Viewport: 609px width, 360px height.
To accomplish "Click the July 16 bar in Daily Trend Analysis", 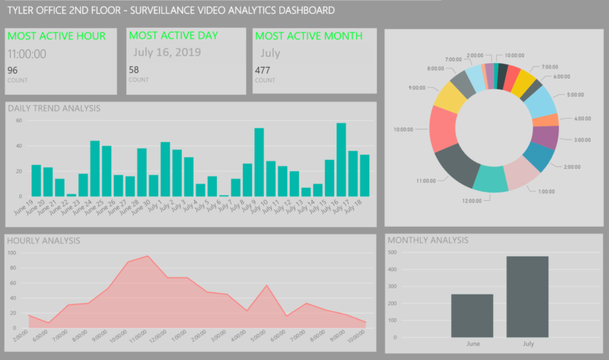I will coord(341,160).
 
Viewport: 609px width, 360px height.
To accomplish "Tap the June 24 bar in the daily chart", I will coord(95,168).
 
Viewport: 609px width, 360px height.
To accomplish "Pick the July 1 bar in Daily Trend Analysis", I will coord(165,169).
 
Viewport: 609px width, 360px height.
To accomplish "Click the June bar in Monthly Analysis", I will coord(472,315).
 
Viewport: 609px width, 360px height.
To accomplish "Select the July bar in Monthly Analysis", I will coord(527,296).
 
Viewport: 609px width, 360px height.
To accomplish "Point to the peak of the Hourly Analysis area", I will coord(147,256).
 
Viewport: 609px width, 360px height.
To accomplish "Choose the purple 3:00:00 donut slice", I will coord(545,136).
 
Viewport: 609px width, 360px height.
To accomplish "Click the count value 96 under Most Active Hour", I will coord(12,71).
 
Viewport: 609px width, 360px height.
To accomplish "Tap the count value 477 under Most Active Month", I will coord(263,70).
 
